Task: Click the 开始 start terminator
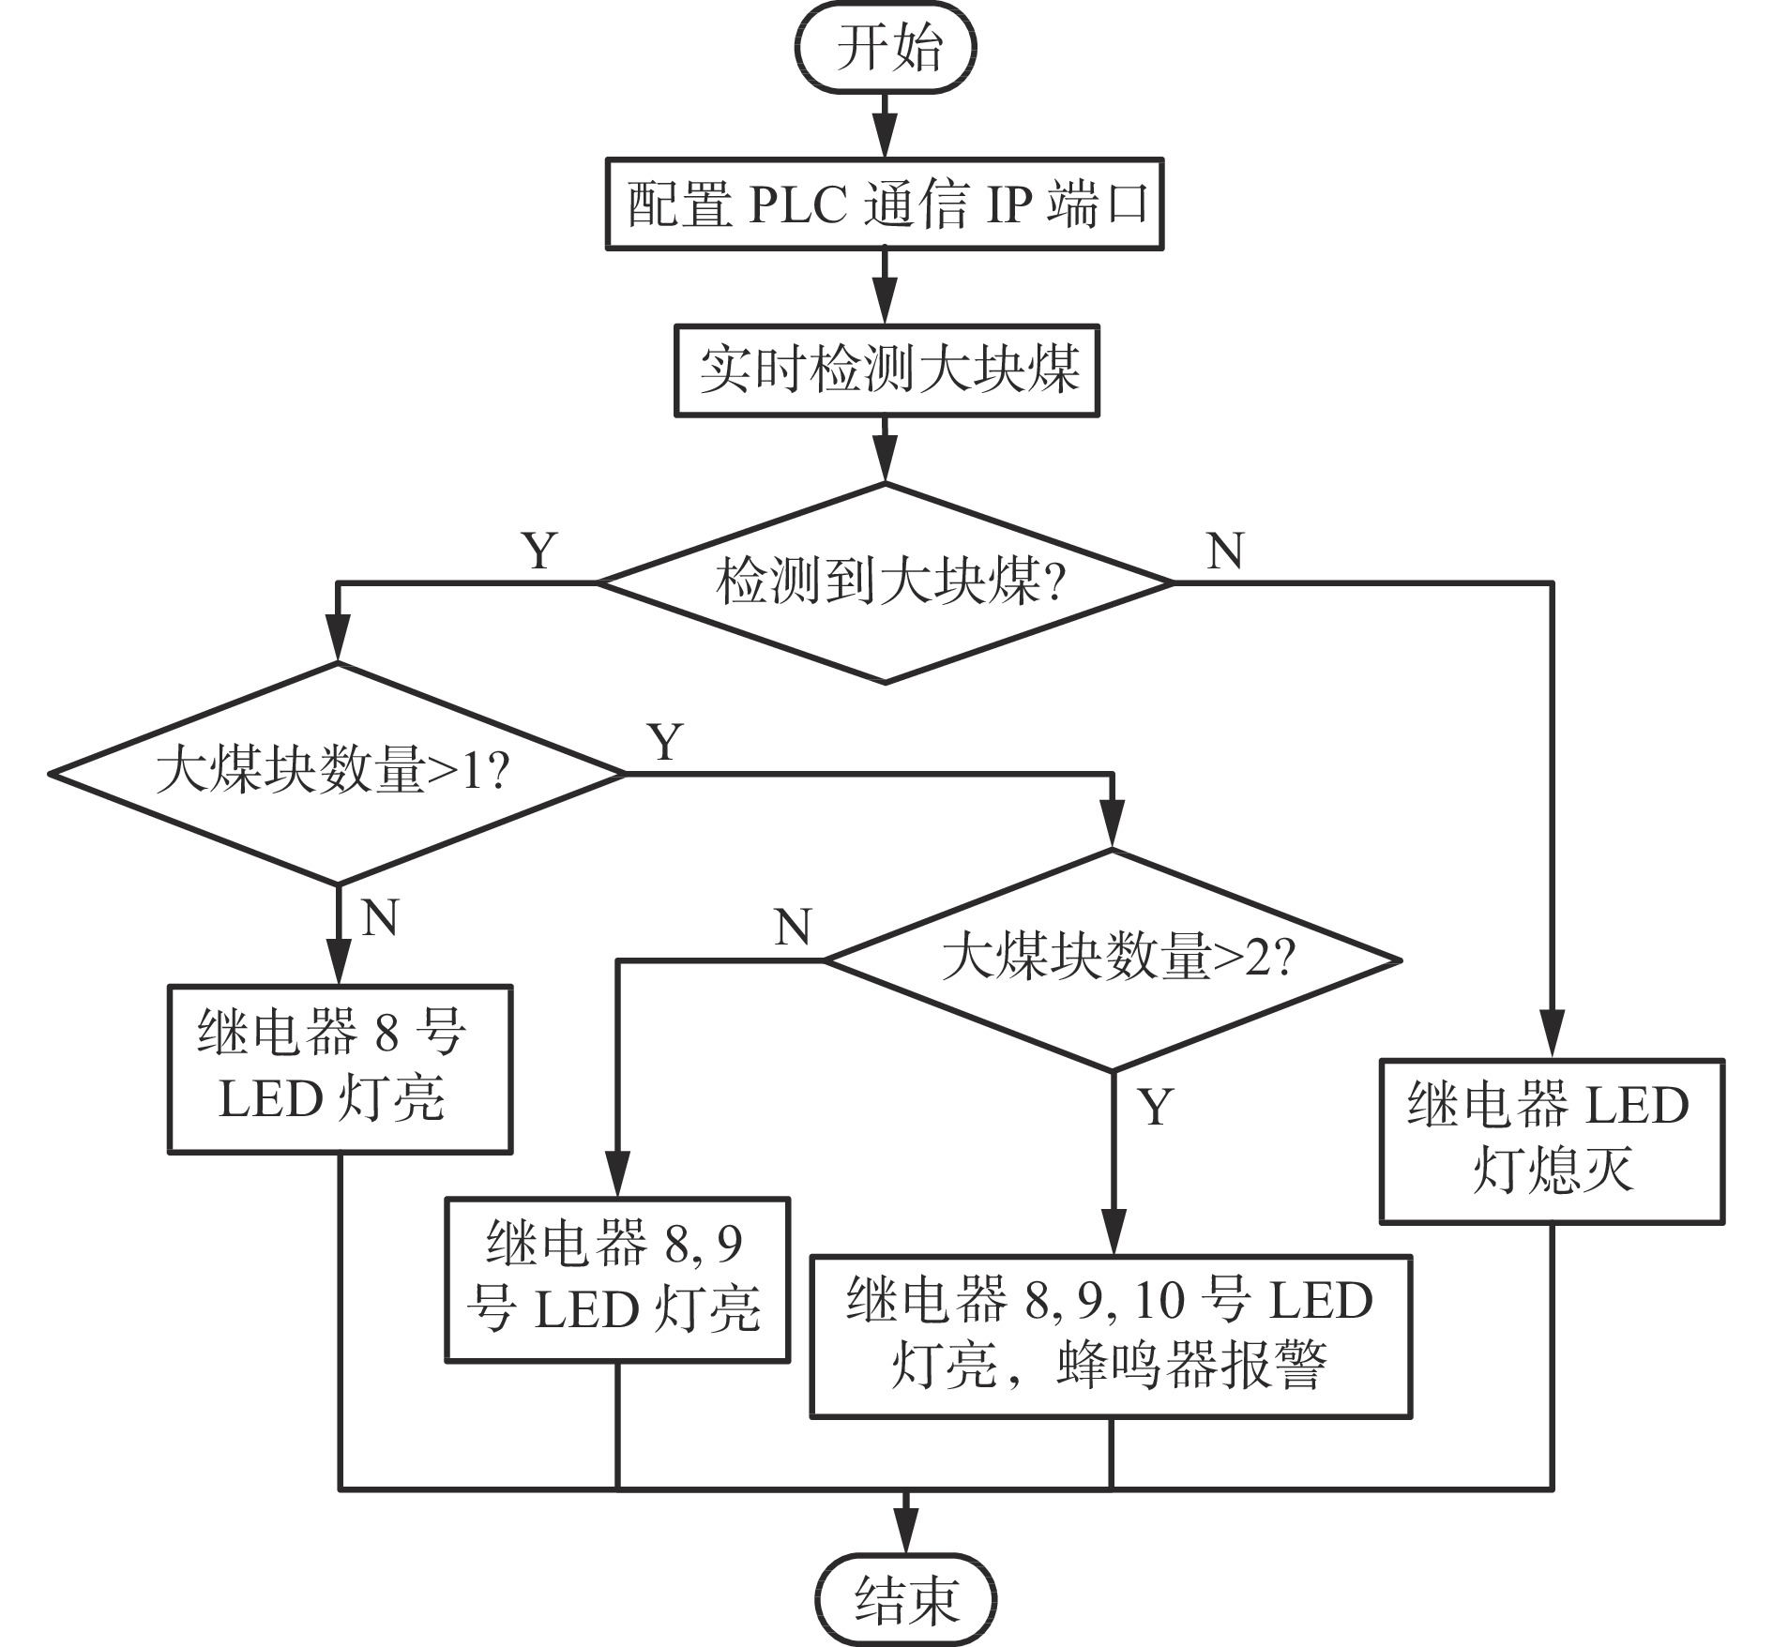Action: point(886,49)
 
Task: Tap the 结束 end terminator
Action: point(905,1599)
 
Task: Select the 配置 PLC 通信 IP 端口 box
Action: point(885,204)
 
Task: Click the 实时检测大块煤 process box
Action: point(886,370)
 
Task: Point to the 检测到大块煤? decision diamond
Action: point(886,582)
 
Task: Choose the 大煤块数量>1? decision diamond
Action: point(337,773)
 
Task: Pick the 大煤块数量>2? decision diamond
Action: point(1113,959)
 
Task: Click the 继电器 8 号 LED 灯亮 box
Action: point(340,1068)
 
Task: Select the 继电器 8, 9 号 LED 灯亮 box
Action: point(616,1279)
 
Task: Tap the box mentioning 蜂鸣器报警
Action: point(1111,1336)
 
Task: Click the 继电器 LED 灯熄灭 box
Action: point(1552,1141)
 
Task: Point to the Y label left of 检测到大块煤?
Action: point(539,551)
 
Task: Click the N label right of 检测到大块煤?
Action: point(1225,551)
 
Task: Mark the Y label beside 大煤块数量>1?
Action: point(665,742)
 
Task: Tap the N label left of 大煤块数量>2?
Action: point(793,928)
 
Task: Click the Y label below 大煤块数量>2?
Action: point(1156,1107)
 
